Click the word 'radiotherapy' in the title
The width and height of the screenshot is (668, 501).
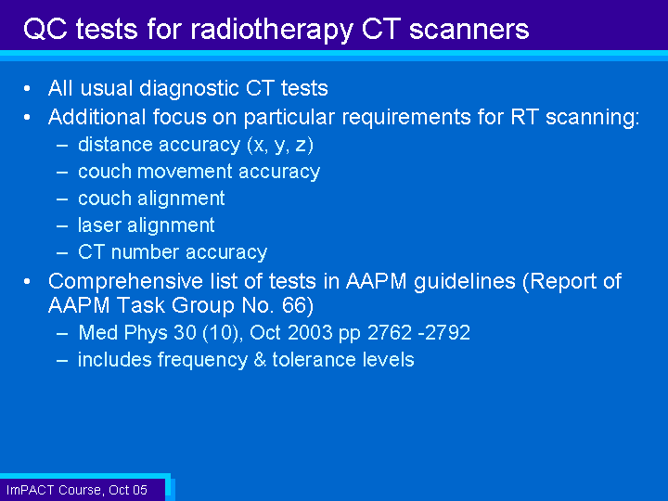tap(272, 30)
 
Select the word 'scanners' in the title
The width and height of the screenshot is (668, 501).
tap(469, 30)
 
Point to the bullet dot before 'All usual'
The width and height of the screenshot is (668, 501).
tap(27, 89)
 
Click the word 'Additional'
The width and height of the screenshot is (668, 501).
tap(96, 117)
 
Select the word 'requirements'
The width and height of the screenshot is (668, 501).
tap(406, 118)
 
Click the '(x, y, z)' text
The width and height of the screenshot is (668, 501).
tap(280, 146)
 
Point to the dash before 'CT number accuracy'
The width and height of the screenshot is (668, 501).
tap(62, 252)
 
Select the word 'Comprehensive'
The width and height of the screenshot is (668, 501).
tap(125, 282)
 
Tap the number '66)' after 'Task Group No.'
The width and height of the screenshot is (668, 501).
tap(298, 305)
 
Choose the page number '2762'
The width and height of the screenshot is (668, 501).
tap(390, 333)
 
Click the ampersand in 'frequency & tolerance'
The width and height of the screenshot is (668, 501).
tap(260, 360)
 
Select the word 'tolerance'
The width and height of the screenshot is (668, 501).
tap(315, 360)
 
